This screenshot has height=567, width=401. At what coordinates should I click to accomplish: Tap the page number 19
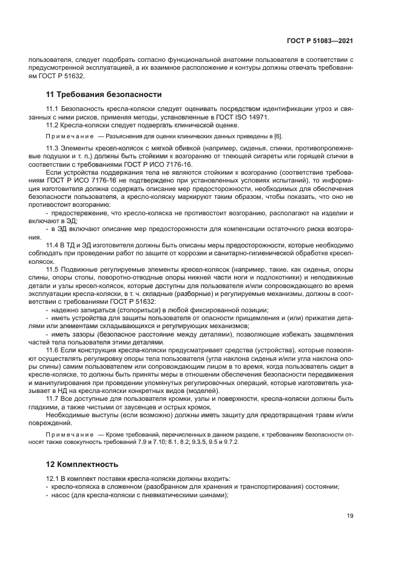(349, 515)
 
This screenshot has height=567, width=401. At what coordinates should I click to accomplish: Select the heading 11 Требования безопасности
(104, 94)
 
